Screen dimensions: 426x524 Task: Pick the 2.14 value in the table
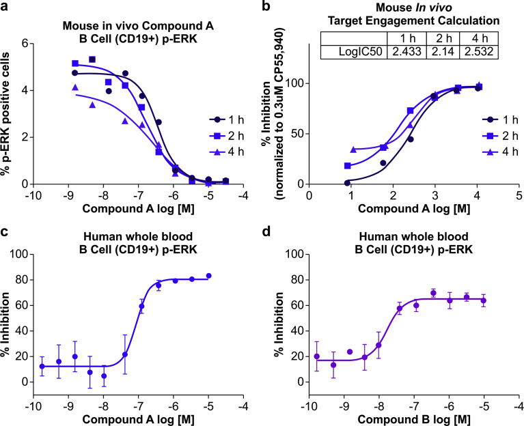(443, 51)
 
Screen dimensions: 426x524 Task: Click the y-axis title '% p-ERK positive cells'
(9, 113)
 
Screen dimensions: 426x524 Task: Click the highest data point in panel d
(433, 293)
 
